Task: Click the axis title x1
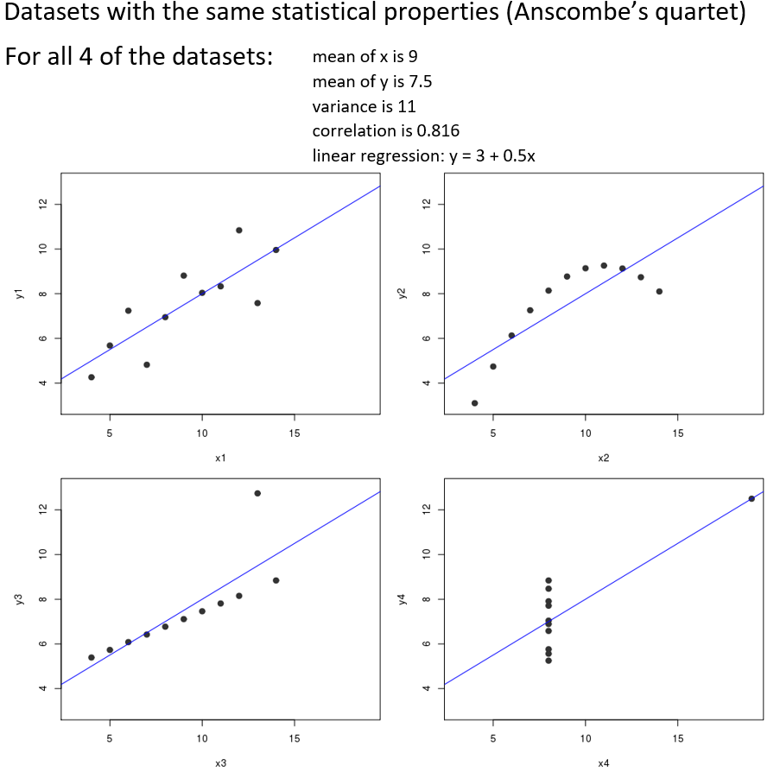coord(220,457)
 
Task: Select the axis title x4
coord(604,762)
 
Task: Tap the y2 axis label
coord(402,294)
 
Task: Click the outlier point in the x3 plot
coord(257,493)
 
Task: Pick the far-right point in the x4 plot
coord(751,498)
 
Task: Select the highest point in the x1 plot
coord(238,230)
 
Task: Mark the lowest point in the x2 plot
coord(474,403)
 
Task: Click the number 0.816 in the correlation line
coord(438,131)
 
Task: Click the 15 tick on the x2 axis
coord(677,433)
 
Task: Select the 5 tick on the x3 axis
coord(109,738)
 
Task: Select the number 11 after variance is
coord(406,107)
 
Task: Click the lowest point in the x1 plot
coord(92,377)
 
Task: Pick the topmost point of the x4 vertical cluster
coord(549,580)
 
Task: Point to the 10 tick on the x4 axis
coord(585,738)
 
